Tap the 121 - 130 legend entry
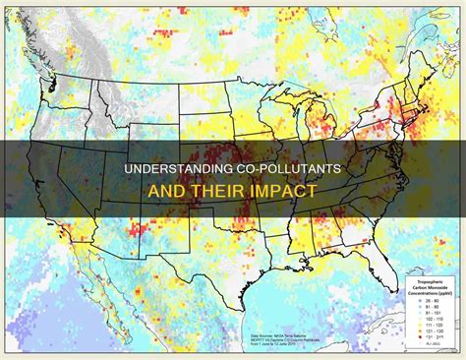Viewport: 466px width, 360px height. point(432,329)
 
